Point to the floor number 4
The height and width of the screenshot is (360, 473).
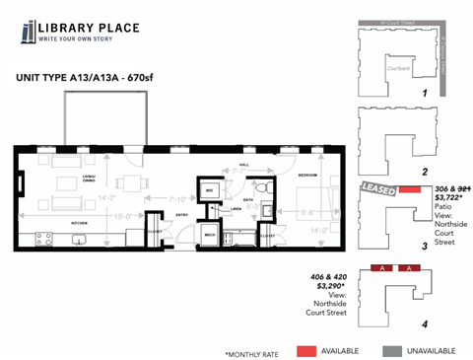(423, 322)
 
